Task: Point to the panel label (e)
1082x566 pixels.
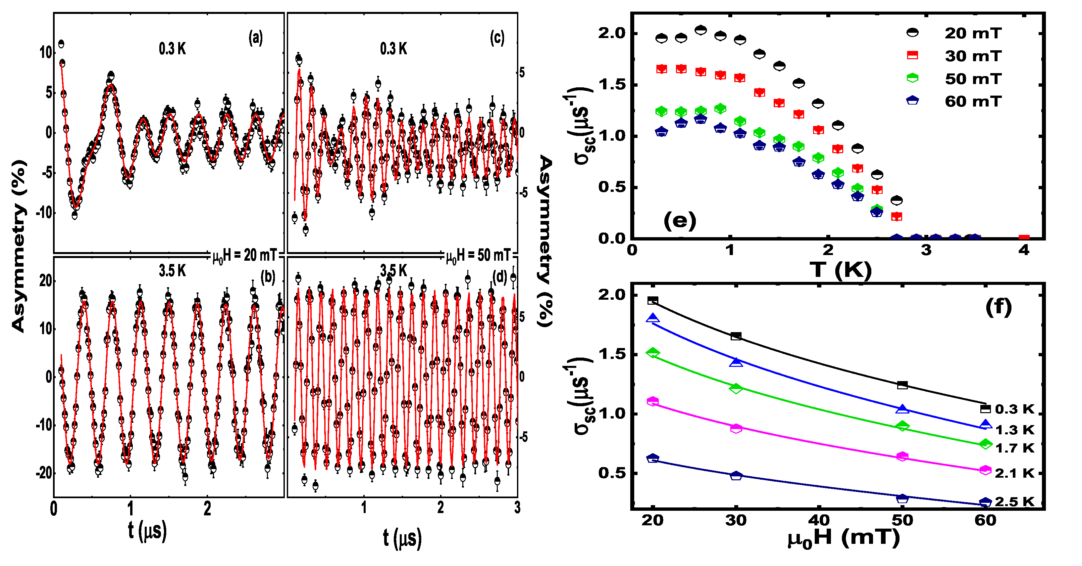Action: [x=680, y=221]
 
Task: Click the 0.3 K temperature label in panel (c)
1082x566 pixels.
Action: [x=393, y=49]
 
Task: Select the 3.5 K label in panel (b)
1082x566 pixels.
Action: [x=172, y=271]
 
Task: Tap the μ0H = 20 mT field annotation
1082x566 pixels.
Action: [x=244, y=255]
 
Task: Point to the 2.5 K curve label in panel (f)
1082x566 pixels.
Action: [x=1014, y=502]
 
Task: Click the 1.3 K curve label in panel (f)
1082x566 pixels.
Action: [x=1014, y=430]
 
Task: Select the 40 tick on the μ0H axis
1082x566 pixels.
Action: [x=819, y=521]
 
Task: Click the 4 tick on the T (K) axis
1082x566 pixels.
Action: [x=1024, y=250]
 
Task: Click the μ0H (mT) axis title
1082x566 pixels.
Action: [x=844, y=538]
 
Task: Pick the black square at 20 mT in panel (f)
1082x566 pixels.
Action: [x=653, y=300]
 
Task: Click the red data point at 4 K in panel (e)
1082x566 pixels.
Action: [x=1024, y=238]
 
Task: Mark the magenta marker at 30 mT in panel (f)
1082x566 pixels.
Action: [x=736, y=428]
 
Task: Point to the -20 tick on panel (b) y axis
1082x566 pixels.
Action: [x=44, y=473]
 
